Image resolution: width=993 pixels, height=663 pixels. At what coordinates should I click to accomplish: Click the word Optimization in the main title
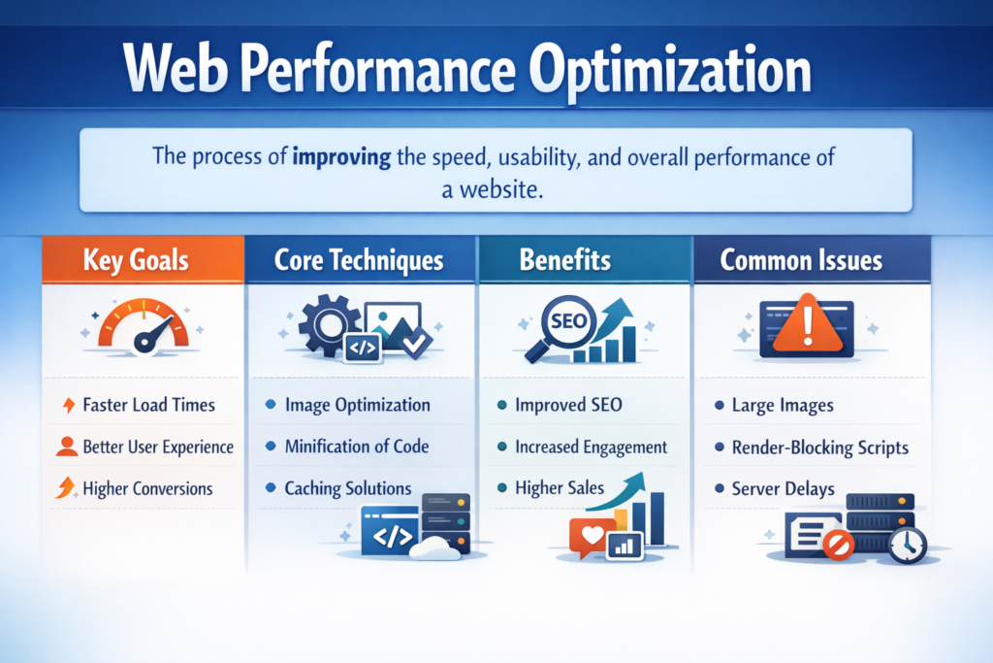click(670, 71)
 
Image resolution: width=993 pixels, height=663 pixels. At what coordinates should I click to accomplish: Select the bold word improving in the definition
click(341, 157)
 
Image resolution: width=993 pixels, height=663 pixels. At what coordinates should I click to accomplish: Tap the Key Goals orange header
click(144, 259)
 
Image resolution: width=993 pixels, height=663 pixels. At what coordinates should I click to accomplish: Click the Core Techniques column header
click(359, 260)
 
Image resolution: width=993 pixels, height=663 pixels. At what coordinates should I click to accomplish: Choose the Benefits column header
click(565, 260)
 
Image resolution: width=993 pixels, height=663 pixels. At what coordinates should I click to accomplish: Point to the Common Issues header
click(801, 260)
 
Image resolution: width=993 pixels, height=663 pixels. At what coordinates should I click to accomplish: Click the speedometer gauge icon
click(144, 327)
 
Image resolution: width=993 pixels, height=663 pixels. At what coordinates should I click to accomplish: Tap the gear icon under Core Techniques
click(328, 324)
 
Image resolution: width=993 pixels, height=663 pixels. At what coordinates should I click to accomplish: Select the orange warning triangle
click(808, 324)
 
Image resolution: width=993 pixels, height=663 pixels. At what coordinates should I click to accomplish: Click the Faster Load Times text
click(148, 405)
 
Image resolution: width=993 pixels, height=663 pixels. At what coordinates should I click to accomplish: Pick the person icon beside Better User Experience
click(67, 447)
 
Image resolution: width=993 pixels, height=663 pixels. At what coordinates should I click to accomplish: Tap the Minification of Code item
click(357, 447)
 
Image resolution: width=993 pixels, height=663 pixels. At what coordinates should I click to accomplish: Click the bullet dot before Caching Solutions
click(271, 487)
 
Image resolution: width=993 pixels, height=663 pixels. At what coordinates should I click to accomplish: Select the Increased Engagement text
click(591, 448)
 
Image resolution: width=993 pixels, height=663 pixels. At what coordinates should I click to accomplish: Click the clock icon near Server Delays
click(907, 544)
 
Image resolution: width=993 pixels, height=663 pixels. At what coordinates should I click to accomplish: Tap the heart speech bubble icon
click(592, 538)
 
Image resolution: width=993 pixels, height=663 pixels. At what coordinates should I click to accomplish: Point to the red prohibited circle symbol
click(839, 545)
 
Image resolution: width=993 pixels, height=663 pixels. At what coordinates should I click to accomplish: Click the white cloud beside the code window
click(435, 547)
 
